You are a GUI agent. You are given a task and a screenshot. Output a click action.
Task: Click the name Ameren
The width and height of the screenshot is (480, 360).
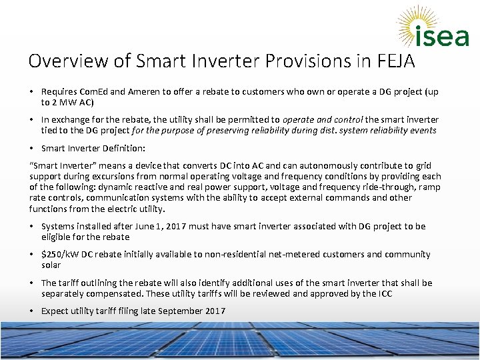coord(137,91)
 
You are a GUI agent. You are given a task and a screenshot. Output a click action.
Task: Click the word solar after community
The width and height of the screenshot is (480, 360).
coord(51,265)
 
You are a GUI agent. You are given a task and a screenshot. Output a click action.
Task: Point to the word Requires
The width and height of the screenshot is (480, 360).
coord(59,91)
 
